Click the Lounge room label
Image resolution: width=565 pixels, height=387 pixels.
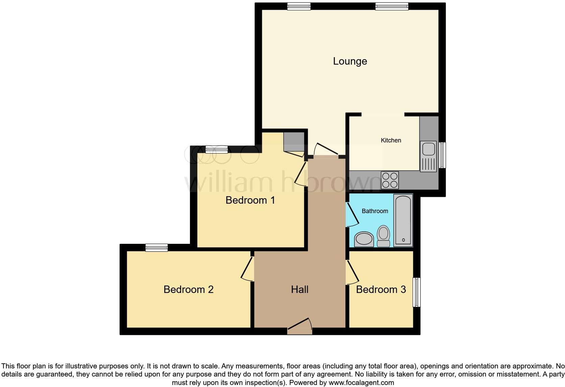pos(350,61)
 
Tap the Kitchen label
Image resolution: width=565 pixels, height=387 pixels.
pos(391,140)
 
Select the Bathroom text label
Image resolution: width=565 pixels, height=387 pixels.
pos(375,211)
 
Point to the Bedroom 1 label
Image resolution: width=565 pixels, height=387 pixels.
pos(250,200)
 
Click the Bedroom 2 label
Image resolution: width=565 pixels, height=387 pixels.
pos(188,290)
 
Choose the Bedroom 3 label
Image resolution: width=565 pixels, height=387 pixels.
pos(381,290)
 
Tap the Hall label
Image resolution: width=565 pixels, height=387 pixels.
pos(299,290)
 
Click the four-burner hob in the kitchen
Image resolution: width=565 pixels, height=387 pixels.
pos(390,180)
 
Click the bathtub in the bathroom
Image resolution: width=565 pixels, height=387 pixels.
pos(403,220)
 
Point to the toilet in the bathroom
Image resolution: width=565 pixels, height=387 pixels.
pos(383,236)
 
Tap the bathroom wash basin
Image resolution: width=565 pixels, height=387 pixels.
pos(364,239)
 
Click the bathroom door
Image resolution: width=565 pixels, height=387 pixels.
pos(352,214)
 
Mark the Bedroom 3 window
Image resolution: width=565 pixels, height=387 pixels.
pos(417,292)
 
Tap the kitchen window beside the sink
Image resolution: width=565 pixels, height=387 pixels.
pos(442,155)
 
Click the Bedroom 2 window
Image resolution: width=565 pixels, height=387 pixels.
pos(156,248)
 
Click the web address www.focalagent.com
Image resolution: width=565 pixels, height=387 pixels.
pos(361,383)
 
